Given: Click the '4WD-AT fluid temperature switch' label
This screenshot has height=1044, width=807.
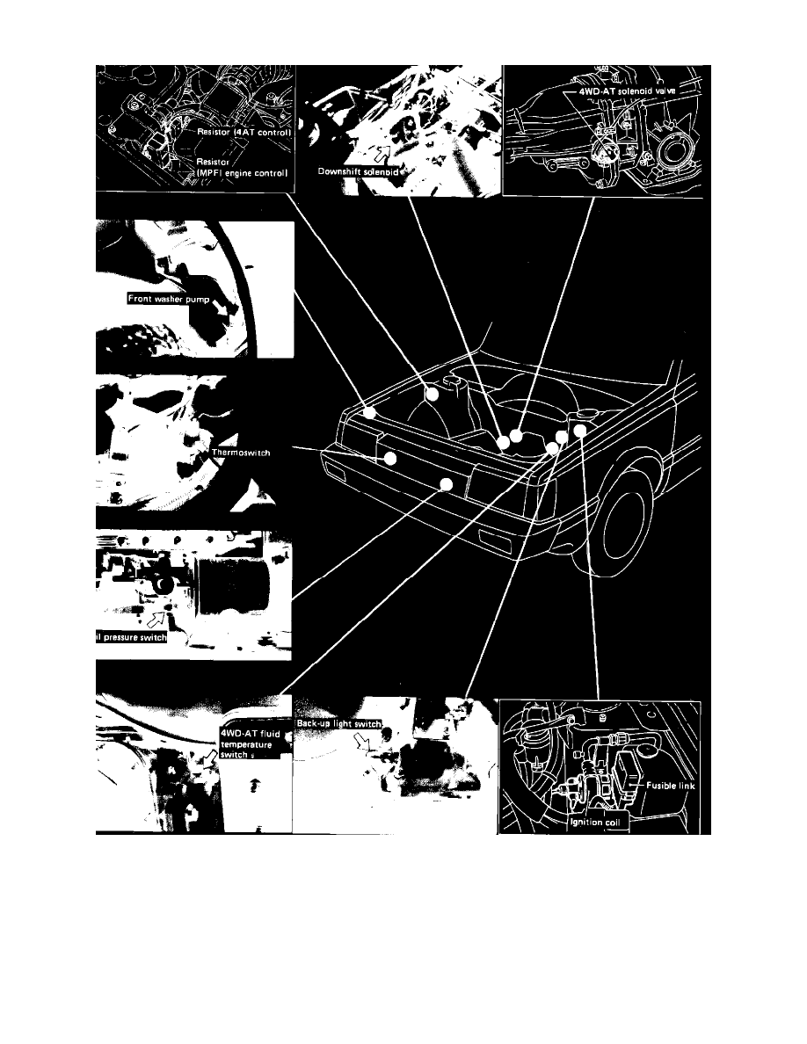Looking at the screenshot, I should [248, 742].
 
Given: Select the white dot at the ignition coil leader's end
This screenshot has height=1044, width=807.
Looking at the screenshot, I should [580, 428].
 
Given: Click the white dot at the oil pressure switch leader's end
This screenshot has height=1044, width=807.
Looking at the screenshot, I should [447, 485].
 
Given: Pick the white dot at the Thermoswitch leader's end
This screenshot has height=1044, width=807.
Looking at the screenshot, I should [389, 458].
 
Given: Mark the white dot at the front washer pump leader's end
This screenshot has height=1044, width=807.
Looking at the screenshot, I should [370, 411].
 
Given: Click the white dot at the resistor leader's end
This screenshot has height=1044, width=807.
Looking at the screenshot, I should [432, 395].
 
